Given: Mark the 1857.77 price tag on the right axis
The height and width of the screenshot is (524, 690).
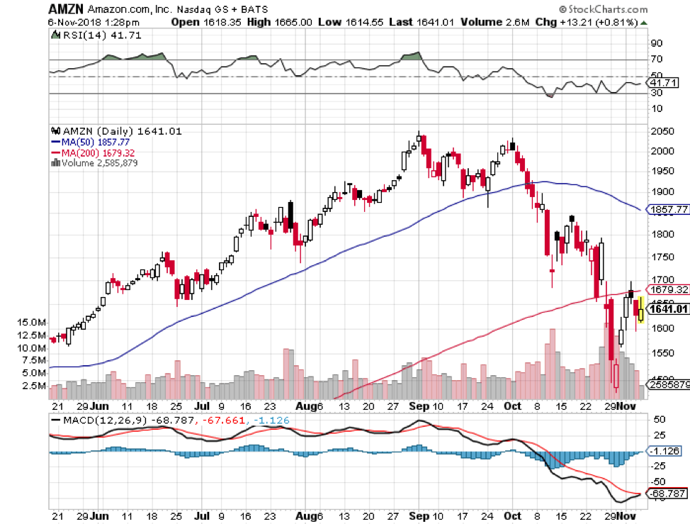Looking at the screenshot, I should tap(669, 209).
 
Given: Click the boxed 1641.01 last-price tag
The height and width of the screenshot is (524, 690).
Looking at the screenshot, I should tap(669, 308).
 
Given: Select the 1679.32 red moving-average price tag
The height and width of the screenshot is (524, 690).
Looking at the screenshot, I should tap(669, 289).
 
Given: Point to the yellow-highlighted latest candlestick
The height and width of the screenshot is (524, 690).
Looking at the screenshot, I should tap(641, 310).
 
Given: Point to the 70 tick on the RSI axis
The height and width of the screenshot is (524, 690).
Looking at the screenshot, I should tap(656, 60).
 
